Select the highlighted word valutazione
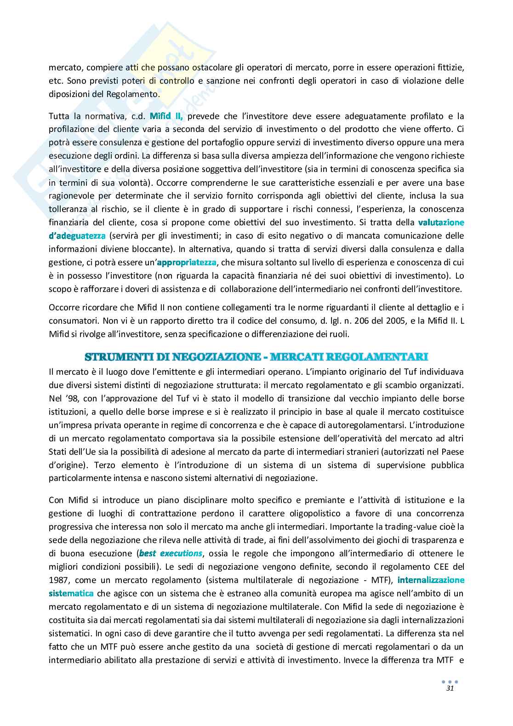tap(441, 223)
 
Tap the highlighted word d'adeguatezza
tap(77, 236)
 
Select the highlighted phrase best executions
tap(171, 553)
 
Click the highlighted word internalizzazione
tap(431, 580)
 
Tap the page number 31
tap(450, 689)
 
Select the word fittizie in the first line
tap(450, 67)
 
